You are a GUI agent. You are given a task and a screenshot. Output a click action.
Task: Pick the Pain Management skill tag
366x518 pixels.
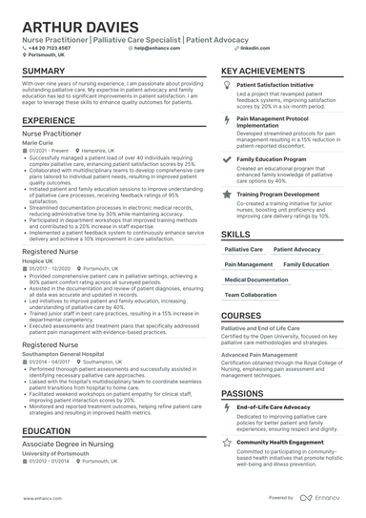249,264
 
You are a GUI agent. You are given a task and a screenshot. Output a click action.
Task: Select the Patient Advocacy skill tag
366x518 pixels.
297,249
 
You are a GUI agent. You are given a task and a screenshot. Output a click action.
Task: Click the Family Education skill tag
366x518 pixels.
307,264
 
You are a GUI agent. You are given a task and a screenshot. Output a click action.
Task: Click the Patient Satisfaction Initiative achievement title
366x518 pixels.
279,85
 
